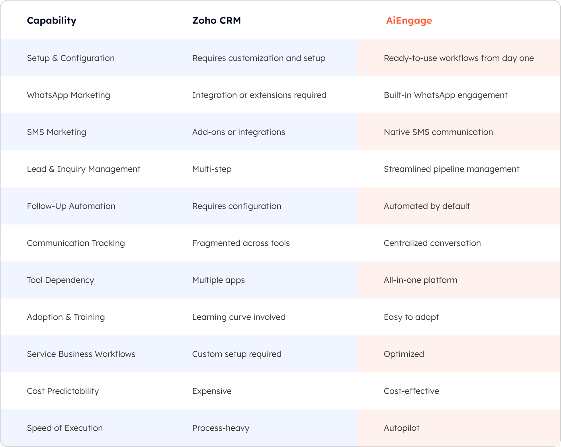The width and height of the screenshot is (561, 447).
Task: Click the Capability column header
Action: [51, 21]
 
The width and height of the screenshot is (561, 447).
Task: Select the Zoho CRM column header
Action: [216, 21]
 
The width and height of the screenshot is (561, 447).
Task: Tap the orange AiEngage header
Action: [409, 21]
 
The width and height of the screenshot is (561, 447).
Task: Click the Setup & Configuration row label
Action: [70, 58]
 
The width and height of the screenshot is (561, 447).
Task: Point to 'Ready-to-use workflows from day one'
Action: [459, 58]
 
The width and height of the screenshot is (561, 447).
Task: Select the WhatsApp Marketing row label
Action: [68, 95]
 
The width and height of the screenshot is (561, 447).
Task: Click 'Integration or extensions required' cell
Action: [259, 95]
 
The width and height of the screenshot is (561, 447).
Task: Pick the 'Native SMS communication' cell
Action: [438, 132]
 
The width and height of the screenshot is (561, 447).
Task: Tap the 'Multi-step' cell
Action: [212, 169]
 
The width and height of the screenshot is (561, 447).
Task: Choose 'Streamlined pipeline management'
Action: [452, 169]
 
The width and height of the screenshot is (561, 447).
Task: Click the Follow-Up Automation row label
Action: [71, 206]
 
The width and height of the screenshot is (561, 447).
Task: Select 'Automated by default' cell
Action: [427, 206]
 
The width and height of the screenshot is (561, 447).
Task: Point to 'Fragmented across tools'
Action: [241, 243]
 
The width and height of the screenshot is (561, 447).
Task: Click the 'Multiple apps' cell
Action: [218, 280]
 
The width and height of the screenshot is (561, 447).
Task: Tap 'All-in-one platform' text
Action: [420, 280]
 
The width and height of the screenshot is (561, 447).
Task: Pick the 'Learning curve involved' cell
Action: [239, 317]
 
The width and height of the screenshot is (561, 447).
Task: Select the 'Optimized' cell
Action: [404, 354]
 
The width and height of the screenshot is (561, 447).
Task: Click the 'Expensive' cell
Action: [212, 391]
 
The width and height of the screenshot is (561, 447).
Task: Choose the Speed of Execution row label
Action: [65, 428]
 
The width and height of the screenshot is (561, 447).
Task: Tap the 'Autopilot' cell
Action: [401, 428]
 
